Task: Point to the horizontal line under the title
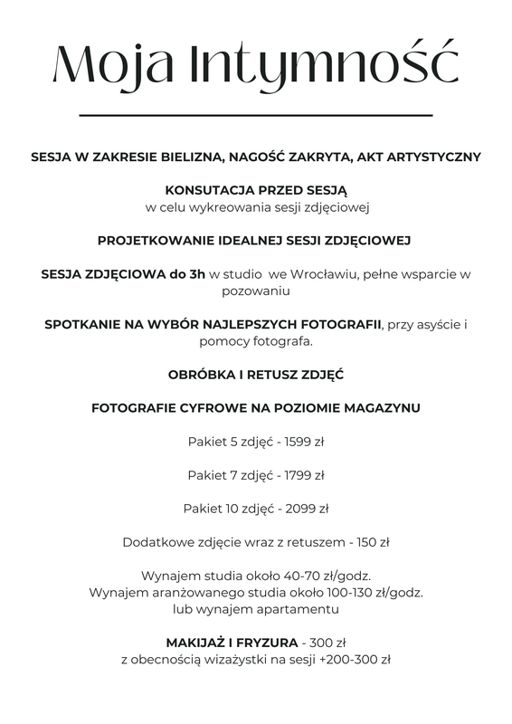(256, 116)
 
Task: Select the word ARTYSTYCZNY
(432, 157)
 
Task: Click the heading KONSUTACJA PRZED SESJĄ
(256, 191)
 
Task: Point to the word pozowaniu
(256, 291)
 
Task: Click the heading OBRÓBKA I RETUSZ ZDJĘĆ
(256, 375)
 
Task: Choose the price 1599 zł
(299, 442)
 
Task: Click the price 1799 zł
(299, 475)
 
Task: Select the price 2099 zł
(303, 509)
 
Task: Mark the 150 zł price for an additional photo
(372, 542)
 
